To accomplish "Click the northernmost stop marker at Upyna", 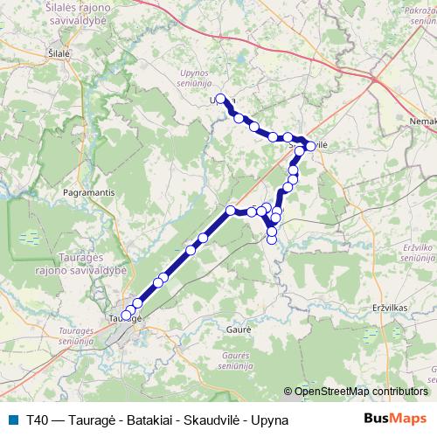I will pyautogui.click(x=221, y=99).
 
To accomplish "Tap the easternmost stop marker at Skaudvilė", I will pyautogui.click(x=310, y=146).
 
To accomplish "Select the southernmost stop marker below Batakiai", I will pyautogui.click(x=272, y=239).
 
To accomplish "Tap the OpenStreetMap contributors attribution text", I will pyautogui.click(x=360, y=392).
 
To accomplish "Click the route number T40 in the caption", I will pyautogui.click(x=38, y=420).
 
